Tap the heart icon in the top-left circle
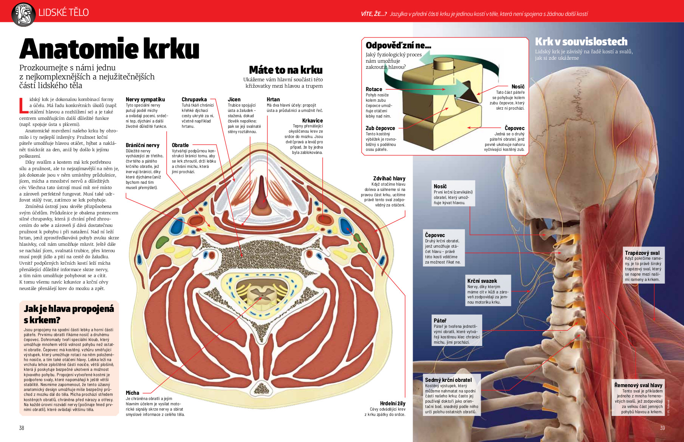(x=23, y=14)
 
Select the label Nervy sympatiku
(x=145, y=99)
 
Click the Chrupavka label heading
(x=194, y=99)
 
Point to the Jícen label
(x=234, y=99)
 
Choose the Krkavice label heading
(x=313, y=121)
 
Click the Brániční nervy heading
(x=142, y=145)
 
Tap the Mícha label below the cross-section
(x=132, y=393)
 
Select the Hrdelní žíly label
(x=393, y=403)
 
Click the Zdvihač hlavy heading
(x=389, y=178)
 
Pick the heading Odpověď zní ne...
(x=398, y=45)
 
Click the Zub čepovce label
(x=380, y=128)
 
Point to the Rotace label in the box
(x=374, y=89)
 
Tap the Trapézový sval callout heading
(x=642, y=253)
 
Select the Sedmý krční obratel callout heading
(x=448, y=380)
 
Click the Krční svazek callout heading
(x=482, y=281)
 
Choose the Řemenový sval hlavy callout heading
(x=638, y=385)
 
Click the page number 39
(x=662, y=428)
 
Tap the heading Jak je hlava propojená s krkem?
(x=69, y=314)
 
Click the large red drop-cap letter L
(x=23, y=105)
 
